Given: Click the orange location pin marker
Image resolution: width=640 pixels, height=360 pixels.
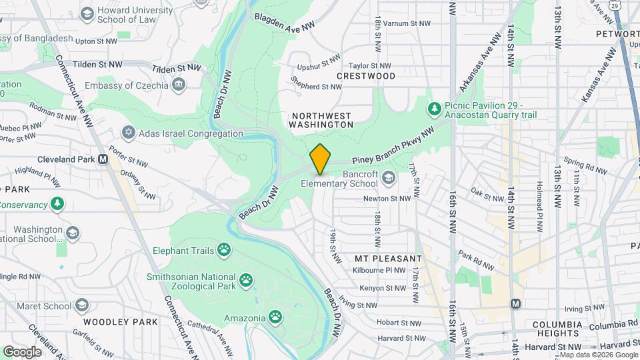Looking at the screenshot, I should click(x=320, y=159).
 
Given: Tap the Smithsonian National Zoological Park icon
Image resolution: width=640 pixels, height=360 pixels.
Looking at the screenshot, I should click(x=247, y=280).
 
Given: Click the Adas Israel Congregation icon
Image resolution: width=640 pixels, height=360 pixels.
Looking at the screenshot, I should click(x=127, y=133).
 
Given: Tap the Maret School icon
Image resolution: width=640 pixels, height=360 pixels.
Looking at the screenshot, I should click(x=82, y=306).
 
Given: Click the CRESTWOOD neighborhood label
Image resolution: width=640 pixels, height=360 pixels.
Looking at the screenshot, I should click(x=366, y=77).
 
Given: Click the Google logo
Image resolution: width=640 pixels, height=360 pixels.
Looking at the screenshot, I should click(x=22, y=351).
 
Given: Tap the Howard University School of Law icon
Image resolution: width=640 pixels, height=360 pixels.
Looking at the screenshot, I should click(x=87, y=13).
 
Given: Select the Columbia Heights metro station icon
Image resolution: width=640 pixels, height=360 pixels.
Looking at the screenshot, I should click(x=515, y=304).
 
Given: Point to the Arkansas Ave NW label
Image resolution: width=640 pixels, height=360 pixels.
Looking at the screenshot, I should click(x=480, y=63).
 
